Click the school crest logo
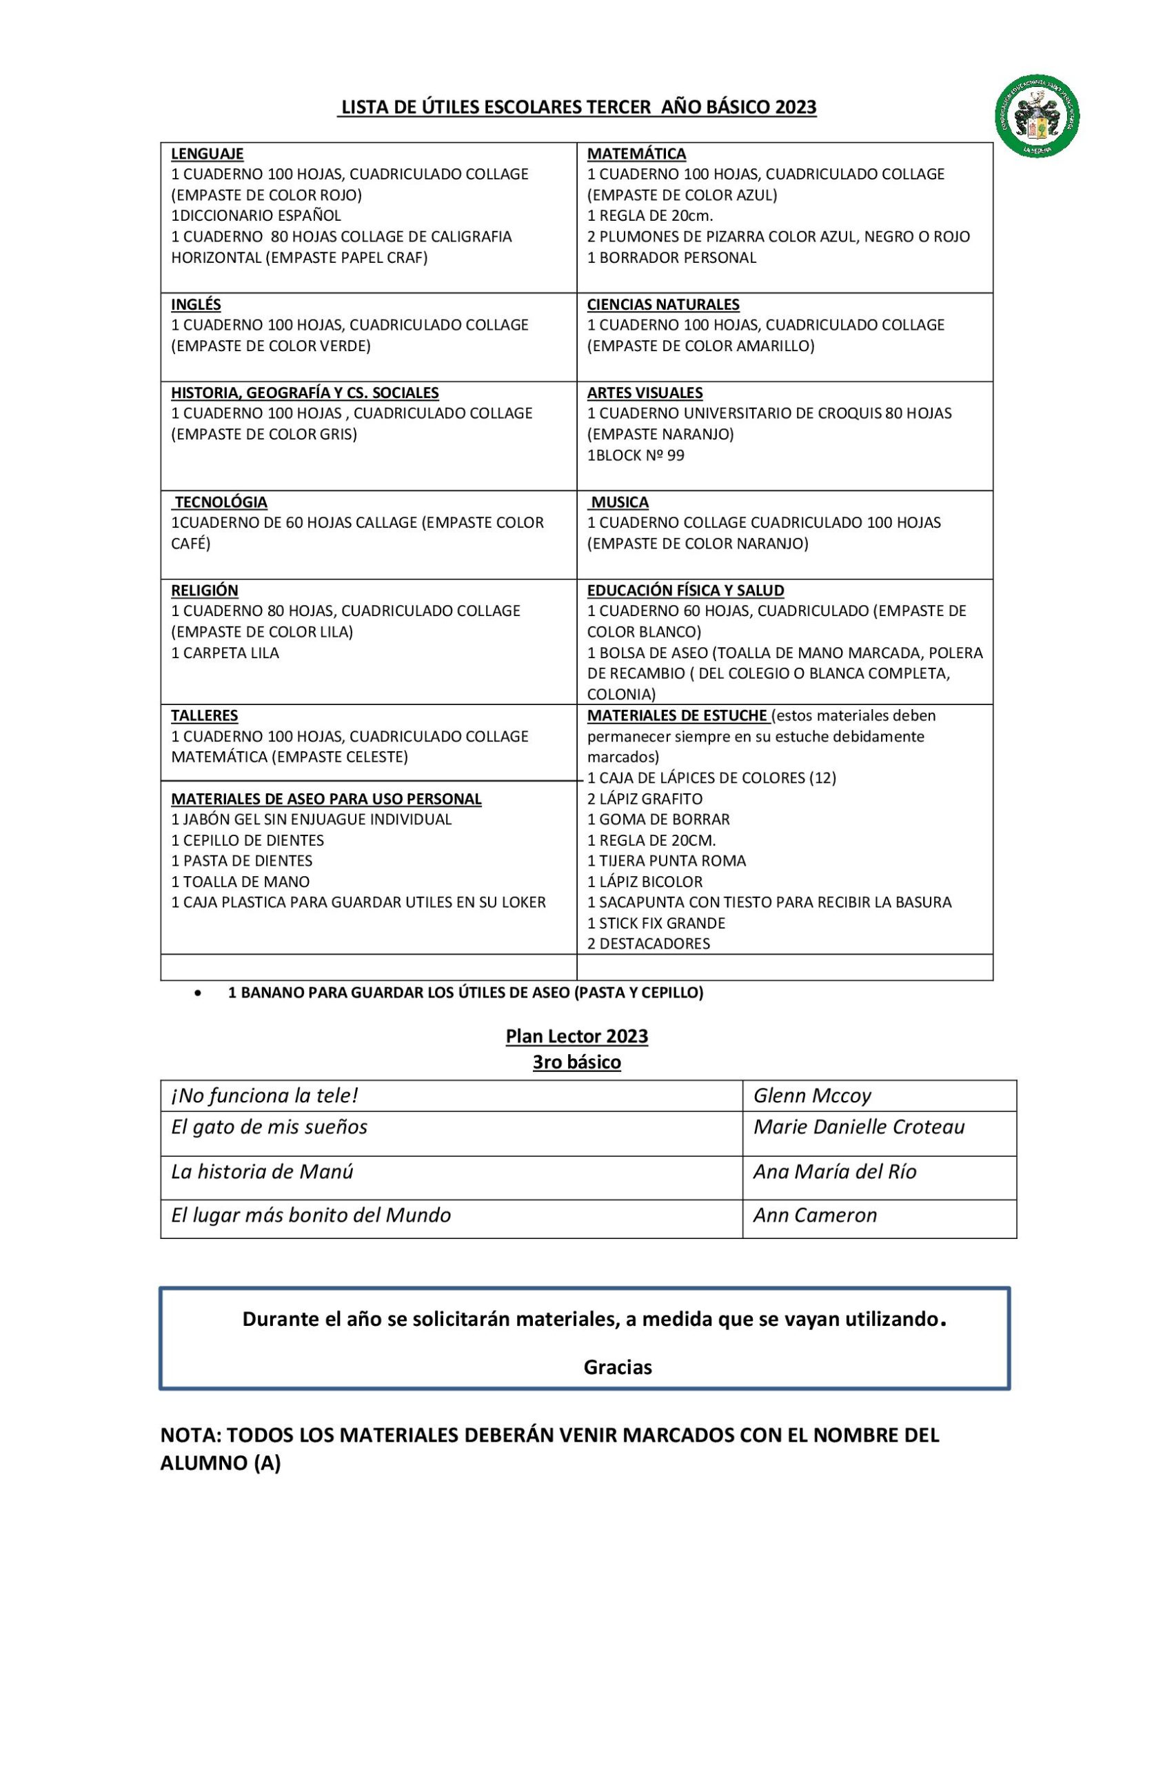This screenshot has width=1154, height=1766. [x=1037, y=116]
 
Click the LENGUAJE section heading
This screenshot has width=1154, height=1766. [x=207, y=154]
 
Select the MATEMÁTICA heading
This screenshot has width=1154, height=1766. [x=636, y=154]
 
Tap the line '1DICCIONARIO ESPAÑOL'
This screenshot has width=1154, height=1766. [x=256, y=216]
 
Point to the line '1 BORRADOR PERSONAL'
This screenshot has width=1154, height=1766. [x=671, y=257]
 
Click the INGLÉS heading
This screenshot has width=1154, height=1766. [x=196, y=304]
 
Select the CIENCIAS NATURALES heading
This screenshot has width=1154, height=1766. [x=663, y=304]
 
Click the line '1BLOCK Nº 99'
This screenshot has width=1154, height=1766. [x=636, y=455]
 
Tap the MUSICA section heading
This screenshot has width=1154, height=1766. [x=619, y=502]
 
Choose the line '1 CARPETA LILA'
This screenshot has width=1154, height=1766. [x=225, y=653]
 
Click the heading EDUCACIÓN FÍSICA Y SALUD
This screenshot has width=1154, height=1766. [x=685, y=591]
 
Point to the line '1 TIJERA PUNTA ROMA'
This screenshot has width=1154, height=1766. [x=666, y=861]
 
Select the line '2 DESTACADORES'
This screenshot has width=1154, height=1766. [x=648, y=944]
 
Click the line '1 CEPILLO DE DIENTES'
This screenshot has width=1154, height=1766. [x=247, y=841]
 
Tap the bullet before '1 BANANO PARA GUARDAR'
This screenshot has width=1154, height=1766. [x=197, y=993]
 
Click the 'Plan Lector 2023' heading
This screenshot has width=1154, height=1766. [x=576, y=1037]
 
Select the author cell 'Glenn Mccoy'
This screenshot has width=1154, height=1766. [x=811, y=1096]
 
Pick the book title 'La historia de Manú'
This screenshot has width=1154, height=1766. [x=262, y=1171]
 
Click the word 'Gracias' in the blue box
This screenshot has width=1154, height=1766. [x=617, y=1367]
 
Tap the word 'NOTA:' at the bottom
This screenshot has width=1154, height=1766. [x=190, y=1435]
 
